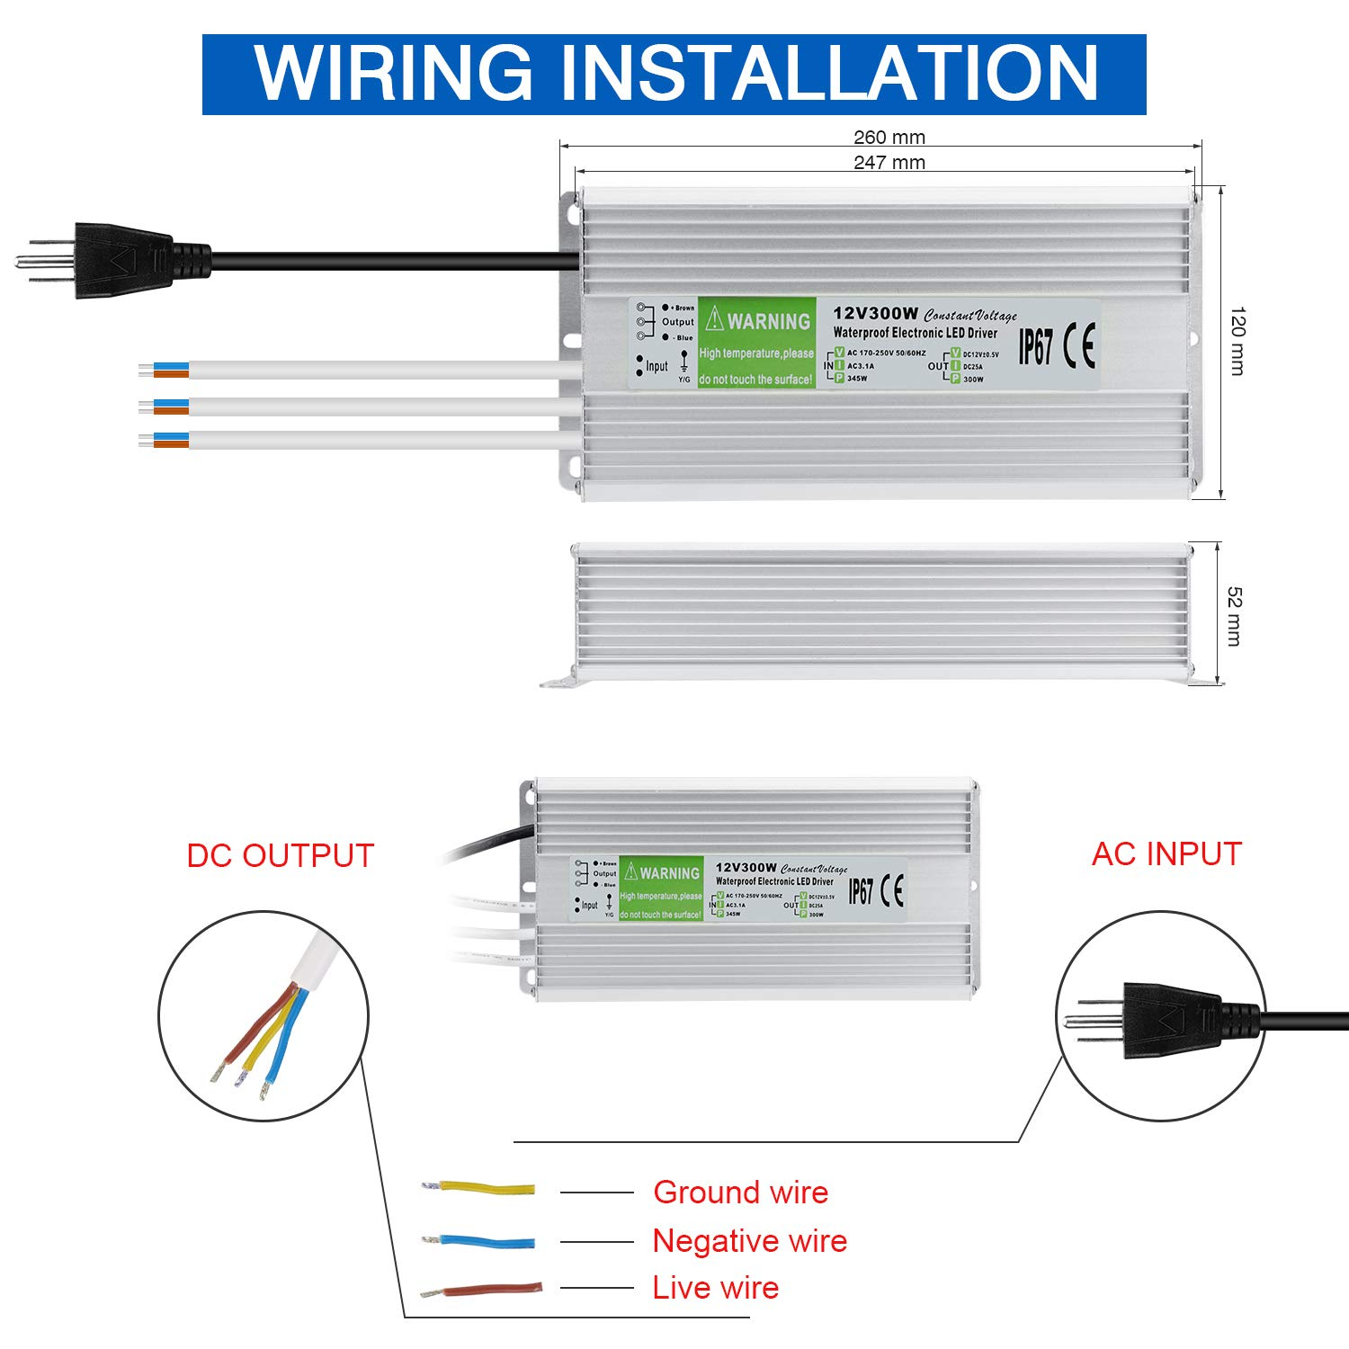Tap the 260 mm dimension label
[x=889, y=137]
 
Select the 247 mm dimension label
[x=889, y=162]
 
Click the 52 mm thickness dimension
[x=1234, y=615]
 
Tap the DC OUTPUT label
[x=280, y=855]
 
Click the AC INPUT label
[x=1166, y=853]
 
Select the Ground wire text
[x=740, y=1192]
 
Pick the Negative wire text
[x=749, y=1240]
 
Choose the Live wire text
[x=715, y=1287]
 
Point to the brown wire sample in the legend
[x=483, y=1290]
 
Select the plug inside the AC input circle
[x=1169, y=1020]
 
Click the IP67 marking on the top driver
[x=1035, y=346]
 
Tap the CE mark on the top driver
[x=1078, y=345]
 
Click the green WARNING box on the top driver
[x=756, y=343]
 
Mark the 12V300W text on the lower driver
[x=746, y=868]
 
